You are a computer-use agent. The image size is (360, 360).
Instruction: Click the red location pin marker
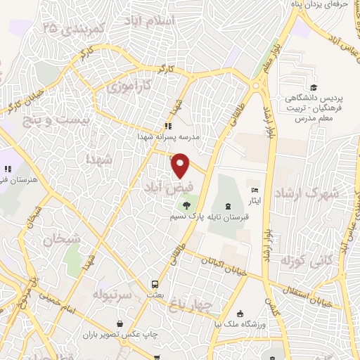point(181,165)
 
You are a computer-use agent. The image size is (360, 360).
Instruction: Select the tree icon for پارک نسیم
point(186,205)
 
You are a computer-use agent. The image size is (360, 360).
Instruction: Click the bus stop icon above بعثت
point(154,284)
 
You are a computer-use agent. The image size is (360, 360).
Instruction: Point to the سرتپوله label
point(112,292)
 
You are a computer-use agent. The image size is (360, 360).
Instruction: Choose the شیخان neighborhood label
point(62,240)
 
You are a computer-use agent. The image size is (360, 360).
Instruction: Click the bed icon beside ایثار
point(255,190)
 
